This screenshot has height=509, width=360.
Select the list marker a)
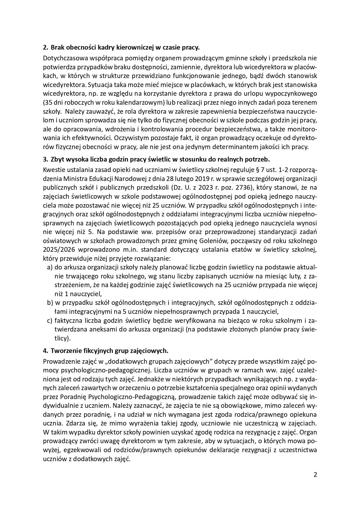[50, 267]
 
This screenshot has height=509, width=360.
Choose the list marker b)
[50, 303]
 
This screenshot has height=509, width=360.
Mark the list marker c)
[50, 320]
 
